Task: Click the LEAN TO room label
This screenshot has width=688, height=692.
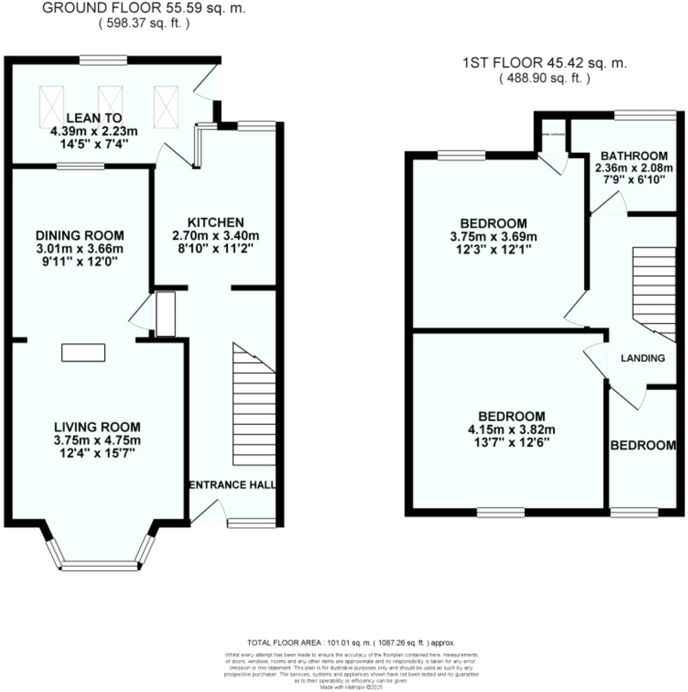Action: point(94,118)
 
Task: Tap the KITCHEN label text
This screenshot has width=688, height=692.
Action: point(215,222)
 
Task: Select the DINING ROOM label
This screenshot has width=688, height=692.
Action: point(80,235)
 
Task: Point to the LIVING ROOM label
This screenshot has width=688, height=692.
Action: point(97,427)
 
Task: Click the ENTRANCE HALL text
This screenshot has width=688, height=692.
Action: point(232,485)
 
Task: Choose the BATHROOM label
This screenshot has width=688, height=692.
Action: point(634,156)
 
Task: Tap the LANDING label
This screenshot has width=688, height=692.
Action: point(643,358)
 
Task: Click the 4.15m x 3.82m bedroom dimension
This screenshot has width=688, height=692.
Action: point(511,430)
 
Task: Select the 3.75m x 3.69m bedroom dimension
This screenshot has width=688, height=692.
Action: point(493,237)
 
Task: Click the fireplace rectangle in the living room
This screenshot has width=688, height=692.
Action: point(83,353)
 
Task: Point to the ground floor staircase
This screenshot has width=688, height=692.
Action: point(254,409)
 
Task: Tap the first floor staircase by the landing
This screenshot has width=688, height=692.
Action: point(654,288)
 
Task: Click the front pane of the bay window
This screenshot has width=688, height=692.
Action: point(100,566)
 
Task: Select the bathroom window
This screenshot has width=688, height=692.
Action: point(645,115)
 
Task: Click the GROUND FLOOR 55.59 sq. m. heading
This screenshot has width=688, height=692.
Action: point(144,8)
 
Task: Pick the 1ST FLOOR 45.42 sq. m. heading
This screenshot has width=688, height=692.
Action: point(544,63)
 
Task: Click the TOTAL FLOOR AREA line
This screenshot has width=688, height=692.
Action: point(351,643)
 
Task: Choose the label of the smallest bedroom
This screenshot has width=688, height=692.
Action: point(643,446)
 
